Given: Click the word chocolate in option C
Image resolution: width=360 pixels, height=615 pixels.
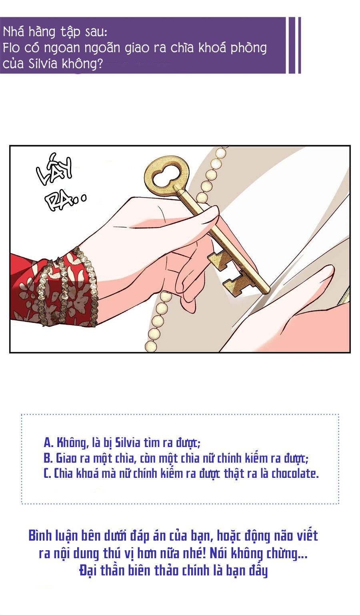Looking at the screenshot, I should (294, 473).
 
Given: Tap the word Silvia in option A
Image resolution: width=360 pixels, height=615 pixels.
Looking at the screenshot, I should (126, 443).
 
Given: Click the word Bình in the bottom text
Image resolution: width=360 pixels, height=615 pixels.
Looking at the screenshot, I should (41, 535).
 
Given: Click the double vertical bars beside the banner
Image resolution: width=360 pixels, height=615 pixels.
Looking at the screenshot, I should (294, 45).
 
